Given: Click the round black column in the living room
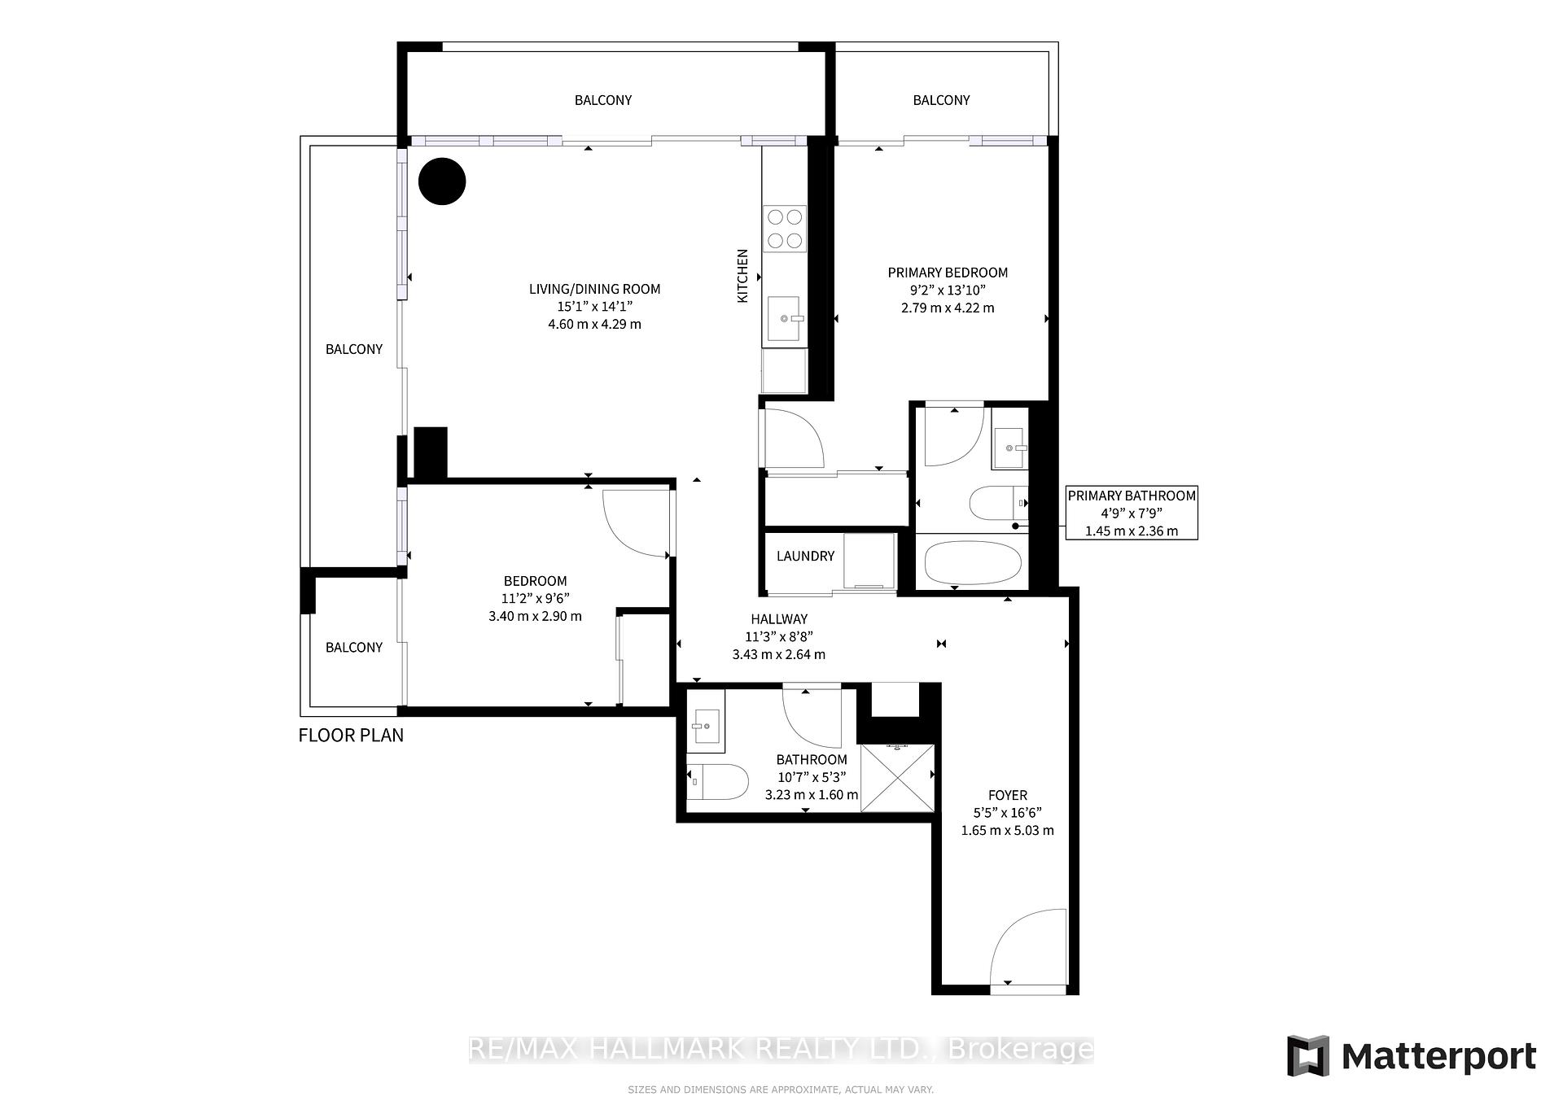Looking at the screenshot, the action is click(442, 181).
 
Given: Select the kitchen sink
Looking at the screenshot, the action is click(785, 319).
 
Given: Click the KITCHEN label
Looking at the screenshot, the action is click(742, 277).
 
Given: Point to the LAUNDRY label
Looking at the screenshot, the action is click(805, 556).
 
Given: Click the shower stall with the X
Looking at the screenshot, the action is click(897, 777).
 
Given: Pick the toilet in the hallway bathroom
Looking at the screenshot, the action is click(717, 782).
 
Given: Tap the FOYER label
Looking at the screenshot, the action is click(1008, 795).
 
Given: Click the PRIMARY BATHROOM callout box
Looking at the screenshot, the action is click(1132, 513).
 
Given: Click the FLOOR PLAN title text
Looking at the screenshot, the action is click(351, 736).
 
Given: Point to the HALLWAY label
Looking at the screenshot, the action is click(779, 619).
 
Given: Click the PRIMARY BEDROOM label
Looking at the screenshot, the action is click(948, 273).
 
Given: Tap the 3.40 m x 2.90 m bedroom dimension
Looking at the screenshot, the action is click(535, 616).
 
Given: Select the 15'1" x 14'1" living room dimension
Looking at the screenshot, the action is click(595, 307).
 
